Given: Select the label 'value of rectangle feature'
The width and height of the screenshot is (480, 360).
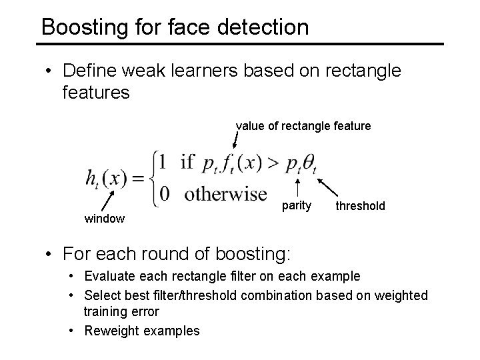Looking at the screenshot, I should [x=303, y=125].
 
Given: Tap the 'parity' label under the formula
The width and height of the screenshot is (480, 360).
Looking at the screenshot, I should [x=296, y=205].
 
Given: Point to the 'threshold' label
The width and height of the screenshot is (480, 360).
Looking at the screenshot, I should [x=360, y=206].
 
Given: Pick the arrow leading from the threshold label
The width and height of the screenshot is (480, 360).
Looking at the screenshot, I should [x=326, y=187].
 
